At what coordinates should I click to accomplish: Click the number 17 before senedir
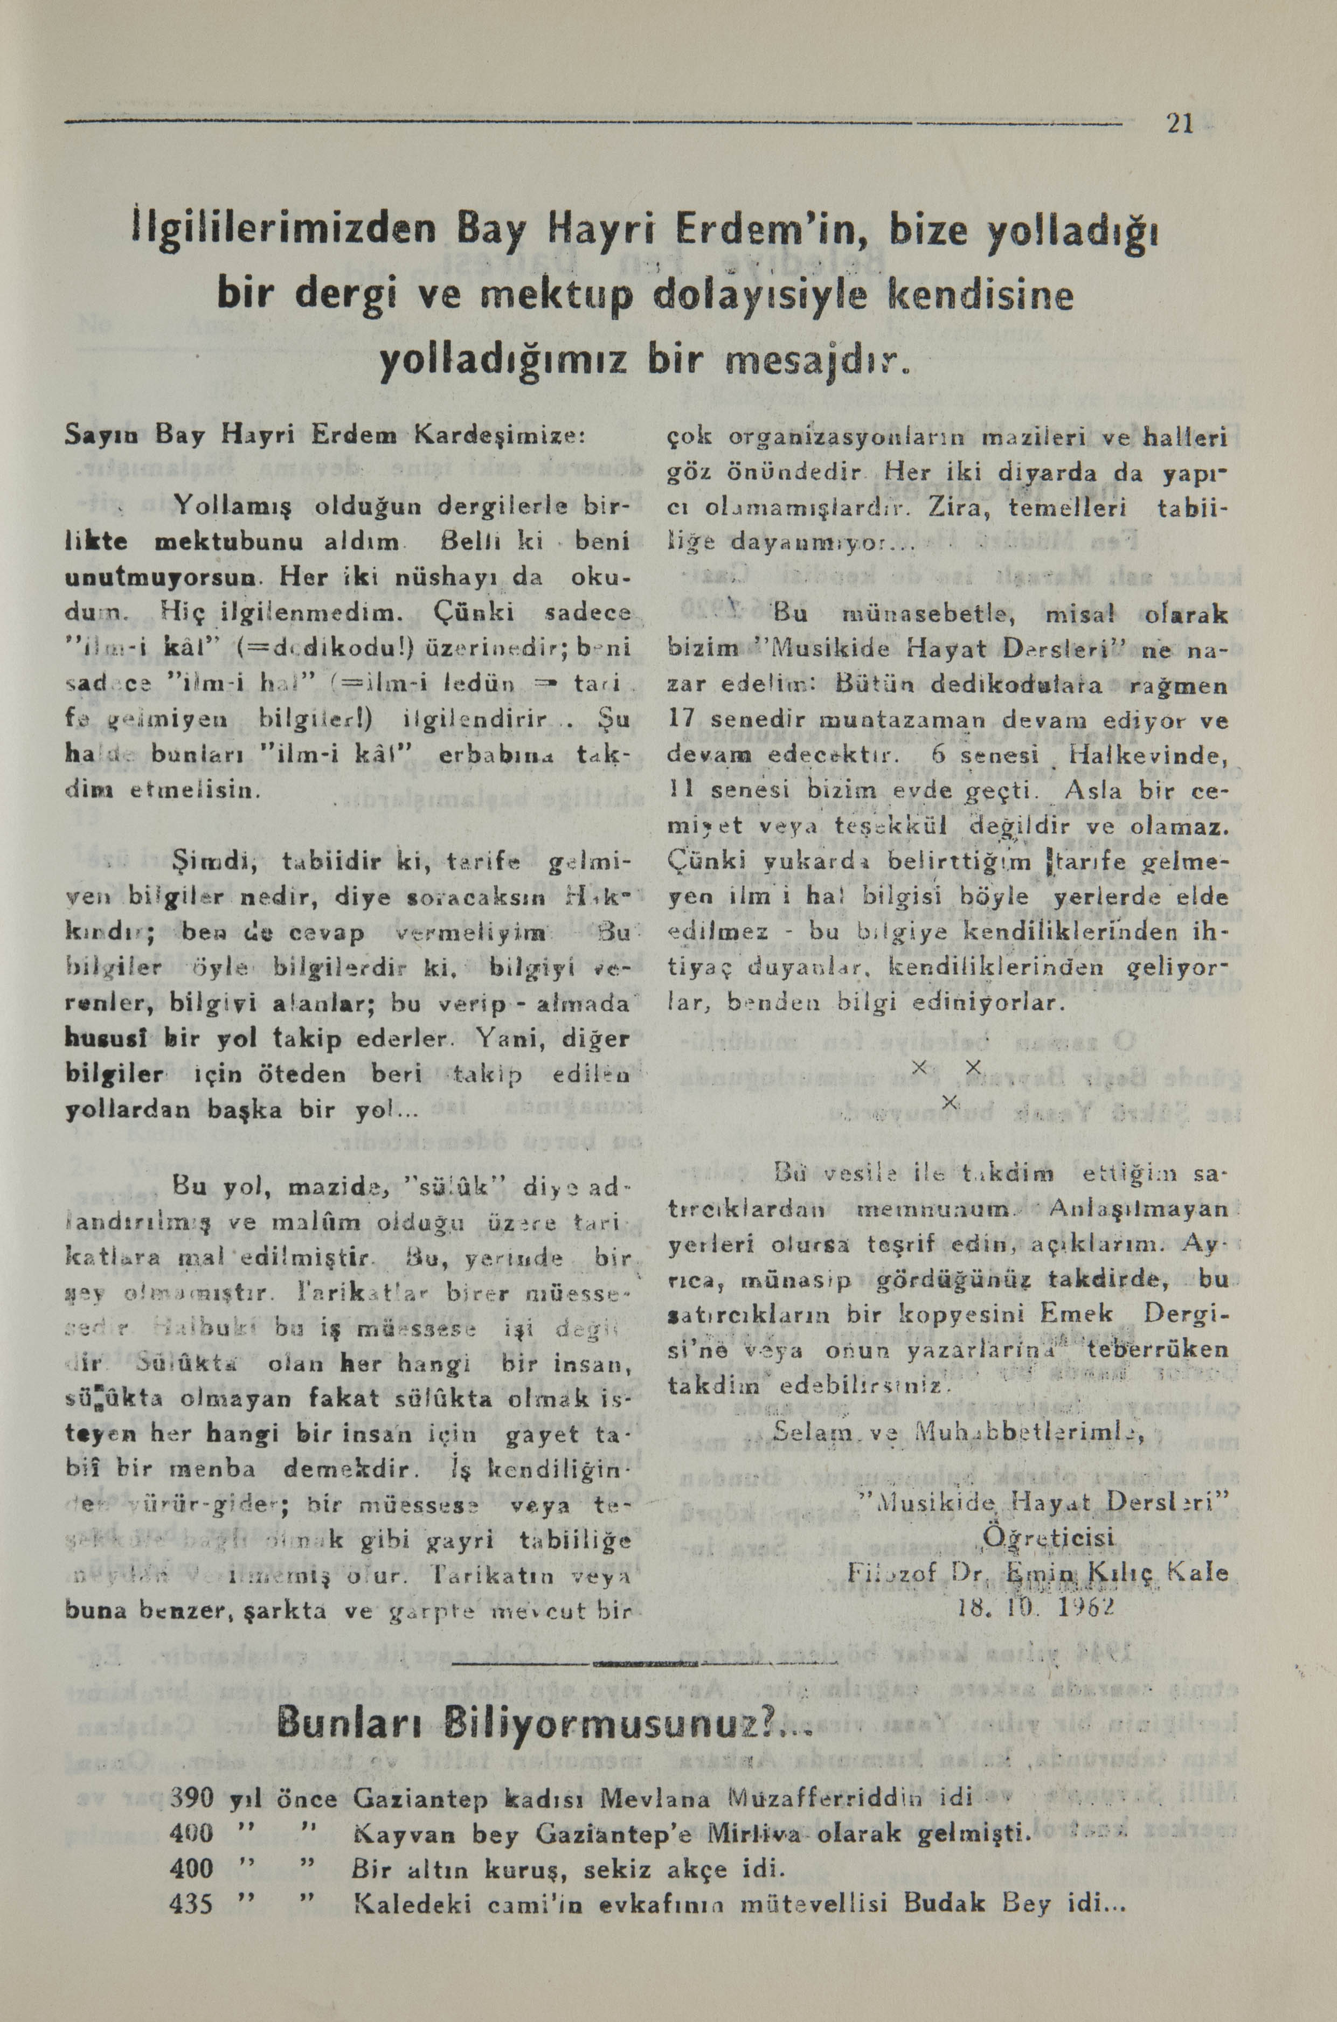[683, 720]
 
